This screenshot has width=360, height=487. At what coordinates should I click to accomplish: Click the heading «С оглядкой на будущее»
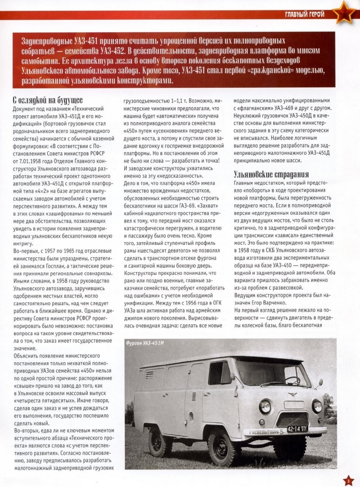47,100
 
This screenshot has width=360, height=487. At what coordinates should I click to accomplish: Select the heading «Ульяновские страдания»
271,175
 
